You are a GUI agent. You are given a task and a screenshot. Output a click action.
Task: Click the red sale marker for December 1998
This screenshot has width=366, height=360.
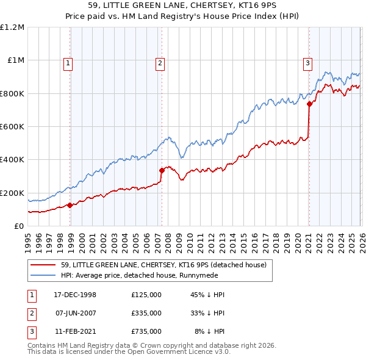(70, 205)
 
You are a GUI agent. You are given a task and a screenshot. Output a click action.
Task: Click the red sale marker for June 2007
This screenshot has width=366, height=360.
(162, 170)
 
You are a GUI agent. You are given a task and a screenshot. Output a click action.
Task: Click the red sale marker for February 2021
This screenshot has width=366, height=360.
(309, 104)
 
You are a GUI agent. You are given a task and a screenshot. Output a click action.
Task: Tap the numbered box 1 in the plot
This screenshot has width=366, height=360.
(68, 62)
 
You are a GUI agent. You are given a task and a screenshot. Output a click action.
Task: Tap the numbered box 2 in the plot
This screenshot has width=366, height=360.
(160, 62)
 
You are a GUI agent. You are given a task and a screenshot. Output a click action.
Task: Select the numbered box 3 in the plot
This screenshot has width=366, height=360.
(307, 62)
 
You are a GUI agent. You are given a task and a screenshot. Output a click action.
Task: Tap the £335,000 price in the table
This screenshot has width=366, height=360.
(146, 313)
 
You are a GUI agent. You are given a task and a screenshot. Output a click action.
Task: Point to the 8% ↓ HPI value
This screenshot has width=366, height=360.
(210, 331)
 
